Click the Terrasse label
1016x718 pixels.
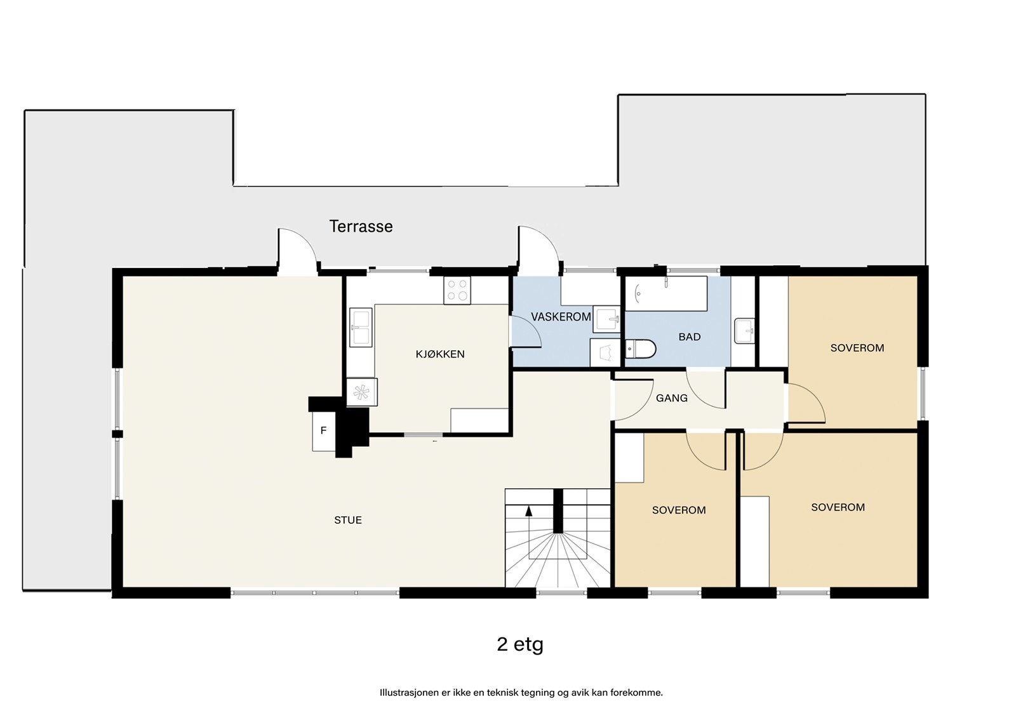click(x=361, y=227)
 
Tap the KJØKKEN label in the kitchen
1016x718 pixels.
click(x=440, y=354)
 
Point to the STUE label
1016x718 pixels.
click(x=348, y=520)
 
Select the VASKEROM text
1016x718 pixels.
click(x=561, y=317)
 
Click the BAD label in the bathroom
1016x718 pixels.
click(x=690, y=337)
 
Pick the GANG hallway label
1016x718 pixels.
click(x=672, y=398)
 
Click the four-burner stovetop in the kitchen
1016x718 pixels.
click(x=457, y=290)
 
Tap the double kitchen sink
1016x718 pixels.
click(x=361, y=328)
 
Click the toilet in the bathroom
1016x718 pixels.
click(x=641, y=349)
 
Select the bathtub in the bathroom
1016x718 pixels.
click(x=666, y=293)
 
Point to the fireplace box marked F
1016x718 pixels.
click(x=323, y=431)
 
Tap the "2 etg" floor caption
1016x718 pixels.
click(x=520, y=644)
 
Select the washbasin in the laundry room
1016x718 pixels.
click(x=606, y=319)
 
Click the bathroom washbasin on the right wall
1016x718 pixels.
click(x=744, y=331)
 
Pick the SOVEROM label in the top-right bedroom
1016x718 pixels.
click(x=857, y=348)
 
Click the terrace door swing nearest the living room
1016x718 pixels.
click(x=297, y=251)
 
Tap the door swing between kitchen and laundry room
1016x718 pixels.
click(x=525, y=331)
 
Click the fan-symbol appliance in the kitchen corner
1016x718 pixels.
click(x=361, y=392)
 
